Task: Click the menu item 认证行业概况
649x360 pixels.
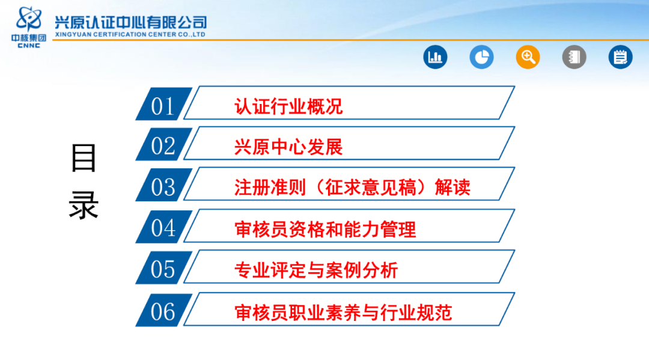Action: click(x=288, y=106)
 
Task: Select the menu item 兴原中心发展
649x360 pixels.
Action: click(x=288, y=147)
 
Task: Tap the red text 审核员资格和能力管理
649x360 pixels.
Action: click(x=325, y=229)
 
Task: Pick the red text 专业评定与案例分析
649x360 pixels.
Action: click(x=316, y=270)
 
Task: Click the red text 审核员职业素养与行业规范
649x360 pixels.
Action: click(x=343, y=313)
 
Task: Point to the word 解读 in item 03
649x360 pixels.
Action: click(x=452, y=187)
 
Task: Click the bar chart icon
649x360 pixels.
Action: click(x=435, y=56)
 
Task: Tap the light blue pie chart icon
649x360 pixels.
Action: click(x=481, y=56)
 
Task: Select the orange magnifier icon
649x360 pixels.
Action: click(x=528, y=56)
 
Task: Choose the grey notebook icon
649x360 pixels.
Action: click(x=574, y=56)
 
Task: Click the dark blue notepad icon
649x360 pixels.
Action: click(x=620, y=56)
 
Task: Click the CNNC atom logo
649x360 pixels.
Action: click(x=29, y=19)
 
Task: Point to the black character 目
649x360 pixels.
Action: click(x=84, y=157)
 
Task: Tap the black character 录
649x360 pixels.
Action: click(x=84, y=205)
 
